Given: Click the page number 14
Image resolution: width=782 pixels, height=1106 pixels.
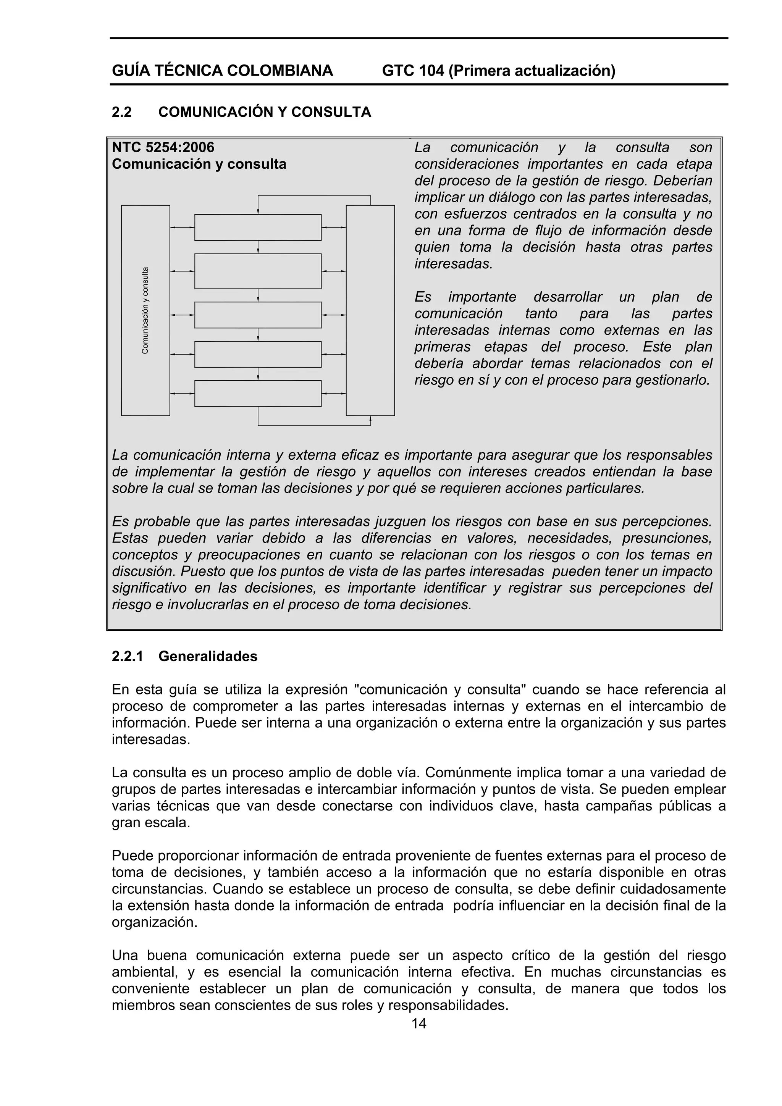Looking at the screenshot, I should tap(419, 1023).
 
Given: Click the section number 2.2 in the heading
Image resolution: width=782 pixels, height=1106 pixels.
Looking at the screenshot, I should tap(121, 112).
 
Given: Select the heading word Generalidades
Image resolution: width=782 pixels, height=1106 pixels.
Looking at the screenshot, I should tap(208, 657).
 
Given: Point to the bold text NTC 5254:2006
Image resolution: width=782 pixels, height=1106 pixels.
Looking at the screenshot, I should tap(163, 147).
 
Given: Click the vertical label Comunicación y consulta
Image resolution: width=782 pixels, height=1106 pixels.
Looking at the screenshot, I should tap(145, 310).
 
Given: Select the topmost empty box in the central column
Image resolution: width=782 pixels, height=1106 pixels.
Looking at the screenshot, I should tap(258, 228).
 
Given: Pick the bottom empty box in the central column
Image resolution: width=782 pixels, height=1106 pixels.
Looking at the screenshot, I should tap(258, 394).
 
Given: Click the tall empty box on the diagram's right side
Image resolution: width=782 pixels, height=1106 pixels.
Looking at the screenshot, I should tap(370, 310).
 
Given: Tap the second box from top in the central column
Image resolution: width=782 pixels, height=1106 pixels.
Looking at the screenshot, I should tap(258, 271).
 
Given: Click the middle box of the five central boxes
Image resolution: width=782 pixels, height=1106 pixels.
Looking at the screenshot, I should tap(258, 315).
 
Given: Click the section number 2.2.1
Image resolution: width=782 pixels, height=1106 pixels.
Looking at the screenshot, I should tap(127, 657).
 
